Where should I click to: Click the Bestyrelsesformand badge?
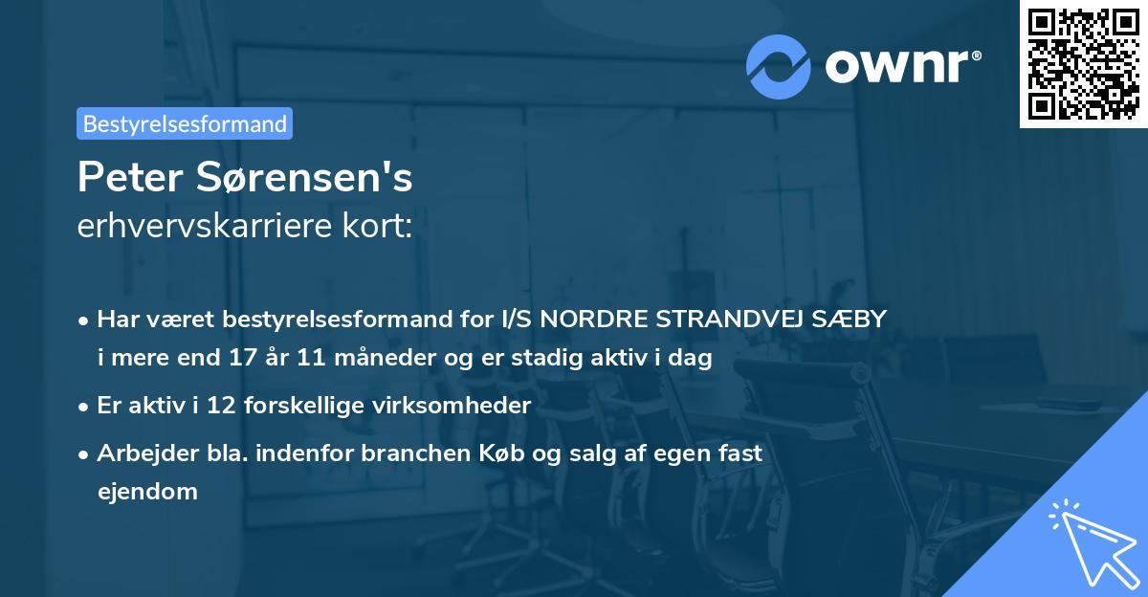185,123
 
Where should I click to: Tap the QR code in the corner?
1083,63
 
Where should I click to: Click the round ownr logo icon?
779,66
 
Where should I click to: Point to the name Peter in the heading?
119,178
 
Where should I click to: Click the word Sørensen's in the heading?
292,178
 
